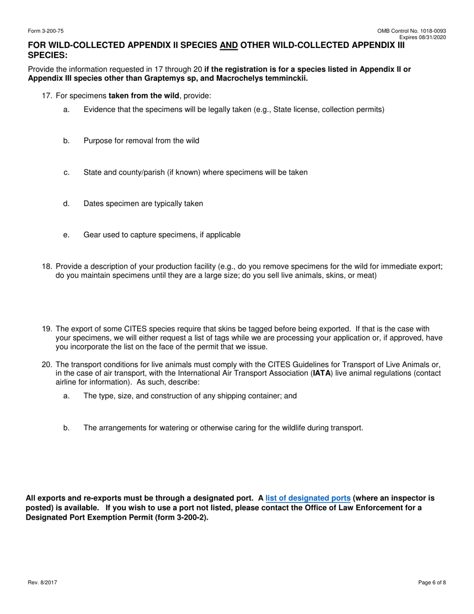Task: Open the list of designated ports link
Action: [308, 498]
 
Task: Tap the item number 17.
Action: [47, 96]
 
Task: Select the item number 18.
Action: [47, 267]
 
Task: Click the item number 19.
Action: [47, 329]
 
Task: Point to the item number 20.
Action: [47, 365]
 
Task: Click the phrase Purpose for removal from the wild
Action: [141, 141]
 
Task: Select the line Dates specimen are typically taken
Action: [143, 204]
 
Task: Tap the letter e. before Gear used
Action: [66, 235]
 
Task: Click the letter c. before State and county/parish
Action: [66, 172]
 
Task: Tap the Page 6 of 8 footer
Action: [432, 582]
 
